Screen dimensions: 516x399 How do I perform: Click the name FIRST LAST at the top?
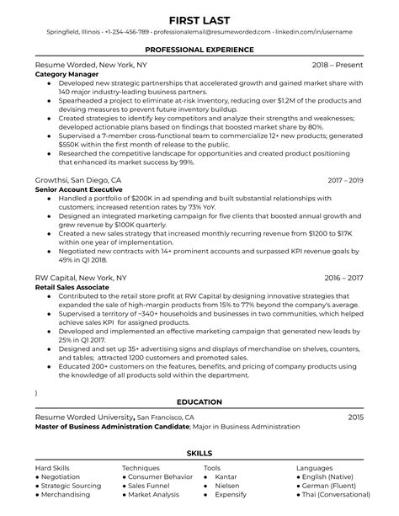pyautogui.click(x=199, y=18)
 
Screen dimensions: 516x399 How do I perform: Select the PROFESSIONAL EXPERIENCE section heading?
pyautogui.click(x=199, y=50)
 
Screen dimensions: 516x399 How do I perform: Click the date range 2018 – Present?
pyautogui.click(x=337, y=65)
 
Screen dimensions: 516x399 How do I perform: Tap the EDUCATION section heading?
pyautogui.click(x=199, y=402)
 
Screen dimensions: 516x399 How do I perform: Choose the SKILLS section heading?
pyautogui.click(x=199, y=455)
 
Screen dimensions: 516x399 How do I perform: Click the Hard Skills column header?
pyautogui.click(x=53, y=467)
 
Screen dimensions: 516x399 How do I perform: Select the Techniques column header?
pyautogui.click(x=141, y=467)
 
